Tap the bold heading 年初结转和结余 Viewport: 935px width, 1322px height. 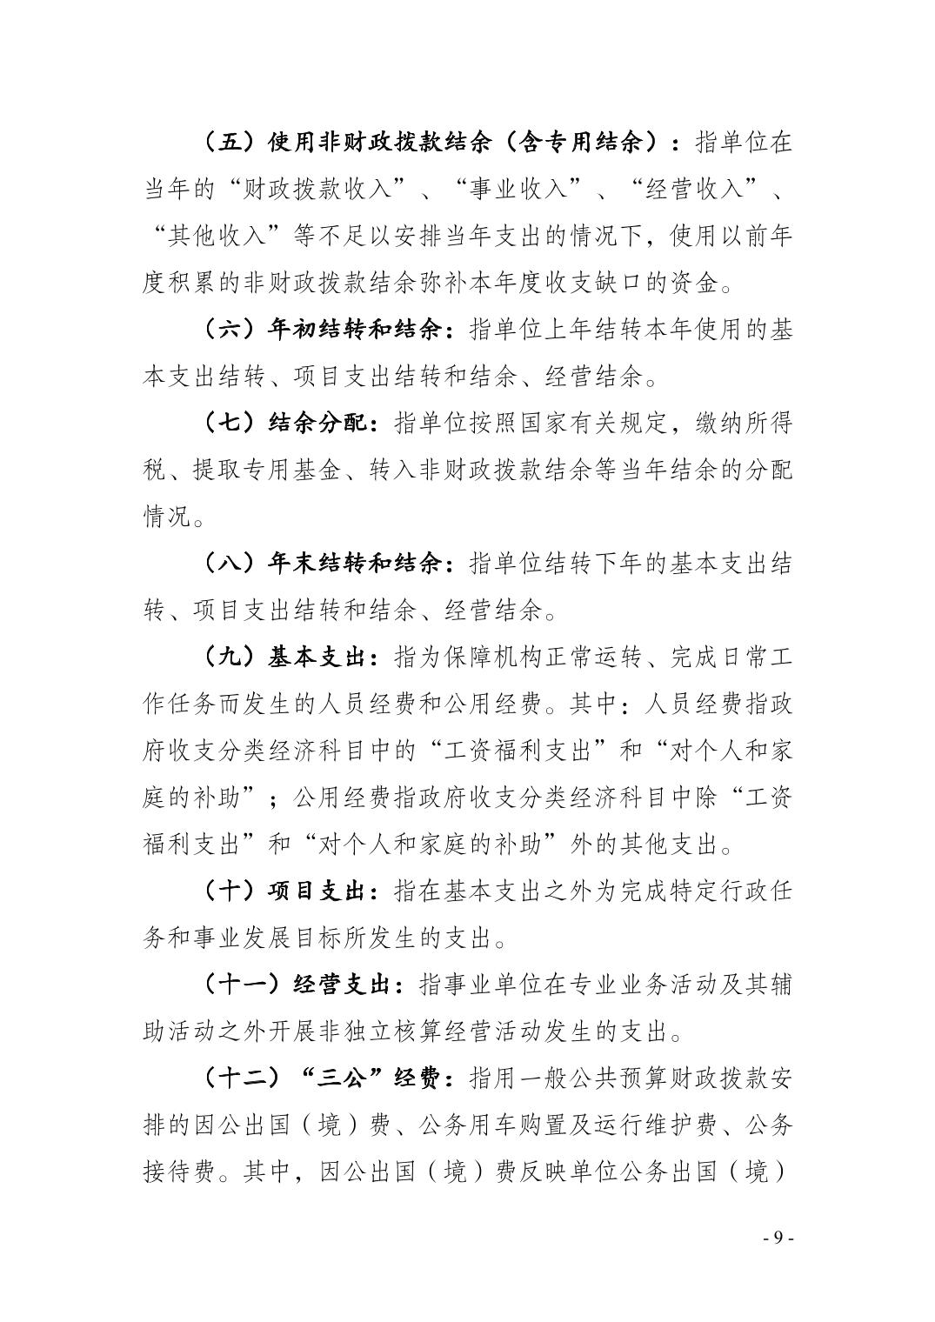tap(357, 330)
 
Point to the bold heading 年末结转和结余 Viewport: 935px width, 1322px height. tap(357, 564)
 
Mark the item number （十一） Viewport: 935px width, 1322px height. tap(243, 986)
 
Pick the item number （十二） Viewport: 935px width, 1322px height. tap(243, 1080)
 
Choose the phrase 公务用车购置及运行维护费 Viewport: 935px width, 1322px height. tap(569, 1127)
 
